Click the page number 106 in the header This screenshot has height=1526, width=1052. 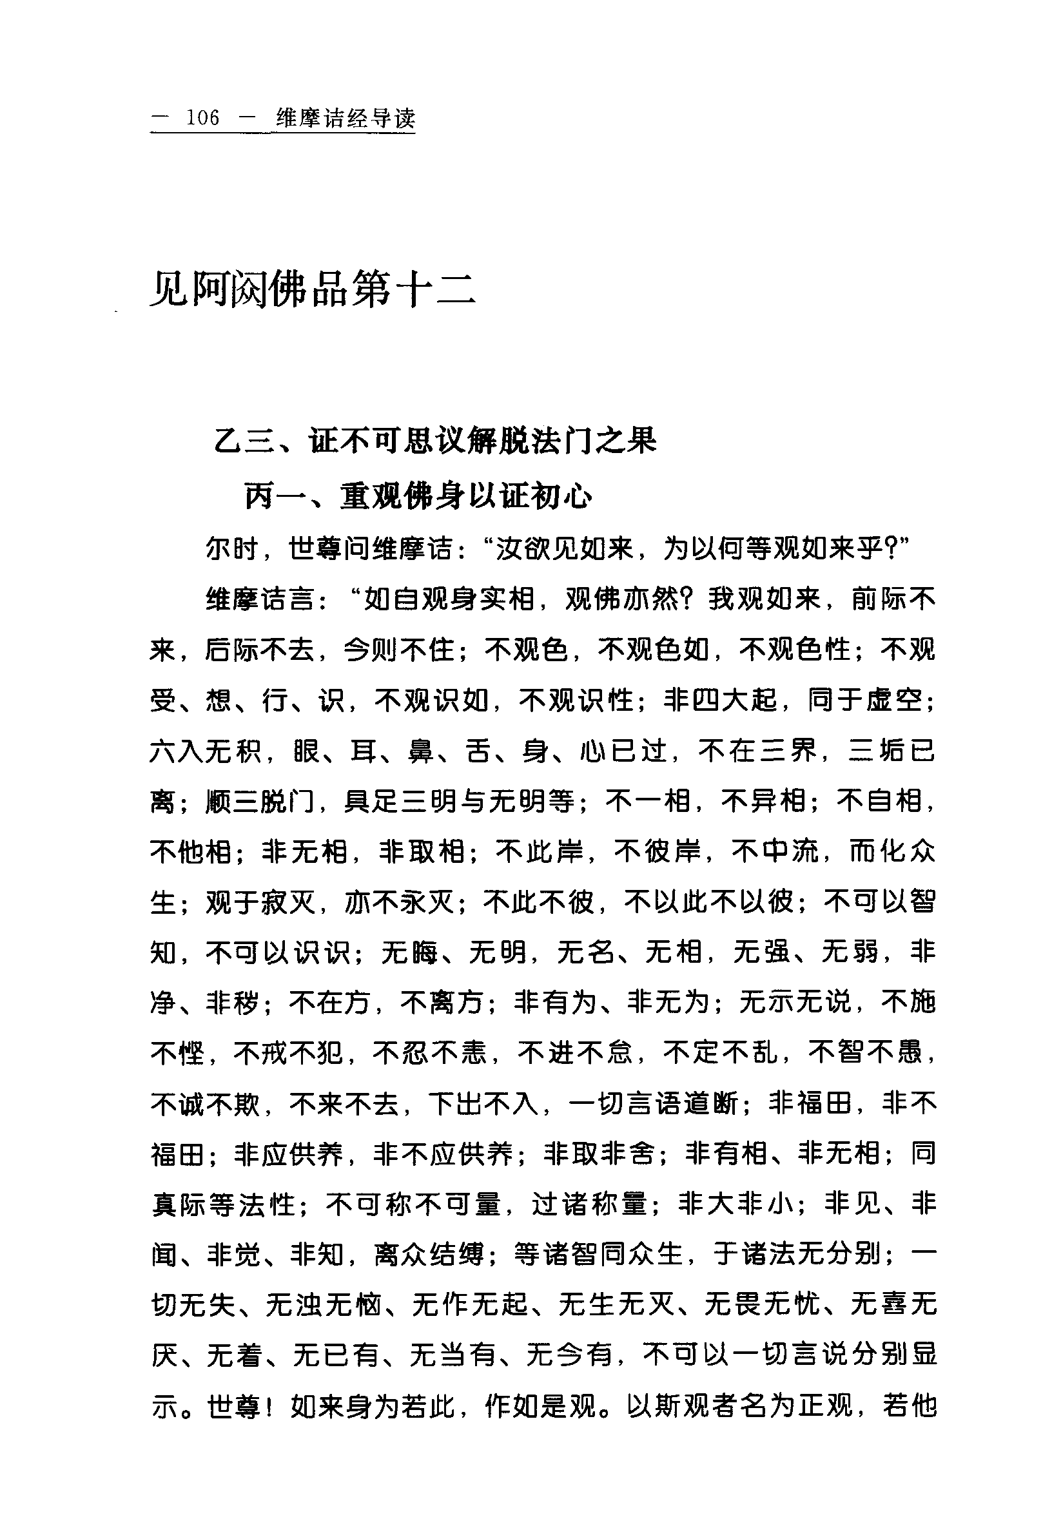pos(202,118)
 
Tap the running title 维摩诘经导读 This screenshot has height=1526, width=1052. pos(346,119)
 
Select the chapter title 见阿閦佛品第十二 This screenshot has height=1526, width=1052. pos(313,289)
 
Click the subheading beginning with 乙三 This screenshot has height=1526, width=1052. pos(436,441)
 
